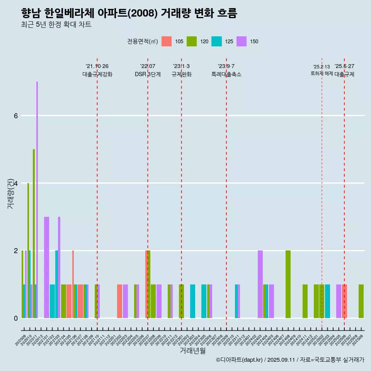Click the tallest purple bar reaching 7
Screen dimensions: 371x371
[x=37, y=200]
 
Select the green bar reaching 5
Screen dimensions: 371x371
[x=34, y=233]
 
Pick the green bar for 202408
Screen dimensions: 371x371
[x=288, y=284]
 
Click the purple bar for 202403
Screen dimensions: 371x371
[x=260, y=284]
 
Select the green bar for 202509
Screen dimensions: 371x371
[x=361, y=301]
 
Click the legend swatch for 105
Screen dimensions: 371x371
[x=167, y=41]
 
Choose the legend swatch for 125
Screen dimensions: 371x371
[x=216, y=41]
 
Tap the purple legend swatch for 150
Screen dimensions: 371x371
[x=242, y=41]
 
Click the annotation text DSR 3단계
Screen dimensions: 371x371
[x=148, y=74]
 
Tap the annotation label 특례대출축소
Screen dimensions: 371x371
[x=226, y=74]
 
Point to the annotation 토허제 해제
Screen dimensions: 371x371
[x=322, y=73]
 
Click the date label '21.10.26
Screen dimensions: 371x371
[x=97, y=66]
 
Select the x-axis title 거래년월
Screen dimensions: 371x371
[x=192, y=351]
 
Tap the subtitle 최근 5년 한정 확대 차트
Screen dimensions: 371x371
[x=56, y=25]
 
